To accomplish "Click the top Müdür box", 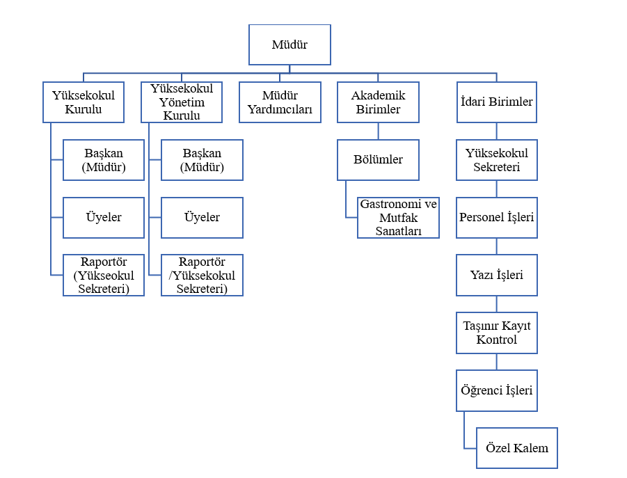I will click(289, 45).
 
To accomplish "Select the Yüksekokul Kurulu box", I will click(84, 102).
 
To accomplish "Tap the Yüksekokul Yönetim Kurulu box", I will click(182, 102).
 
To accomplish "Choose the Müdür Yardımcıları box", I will click(280, 102).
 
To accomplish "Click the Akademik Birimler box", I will click(379, 102).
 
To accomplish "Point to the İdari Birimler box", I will click(496, 102).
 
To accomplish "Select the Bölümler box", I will click(379, 160).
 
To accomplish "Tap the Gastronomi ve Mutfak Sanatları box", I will click(399, 218).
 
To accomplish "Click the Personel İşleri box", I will click(496, 218).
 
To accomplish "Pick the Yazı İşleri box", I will click(496, 275).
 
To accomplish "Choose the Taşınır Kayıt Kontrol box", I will click(496, 333).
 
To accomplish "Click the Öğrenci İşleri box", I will click(496, 390).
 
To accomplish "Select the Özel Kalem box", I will click(516, 448).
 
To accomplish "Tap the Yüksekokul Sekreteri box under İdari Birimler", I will click(496, 160).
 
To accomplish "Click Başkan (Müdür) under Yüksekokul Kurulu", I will click(104, 160).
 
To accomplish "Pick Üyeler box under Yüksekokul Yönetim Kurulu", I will click(202, 218).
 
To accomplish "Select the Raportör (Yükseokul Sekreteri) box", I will click(104, 275).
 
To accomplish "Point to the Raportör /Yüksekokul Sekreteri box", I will click(202, 275).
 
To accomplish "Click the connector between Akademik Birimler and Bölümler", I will click(379, 131).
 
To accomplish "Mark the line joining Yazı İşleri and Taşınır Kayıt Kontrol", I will click(496, 304).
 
